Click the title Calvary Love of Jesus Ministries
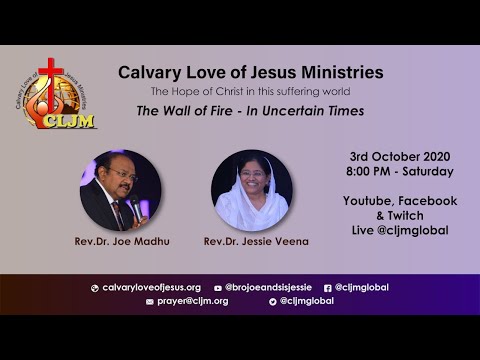(x=250, y=73)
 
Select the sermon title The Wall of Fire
(x=250, y=111)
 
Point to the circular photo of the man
(x=120, y=191)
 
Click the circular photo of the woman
(x=251, y=191)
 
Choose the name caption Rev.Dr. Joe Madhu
(x=120, y=241)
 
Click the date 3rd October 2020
(x=400, y=157)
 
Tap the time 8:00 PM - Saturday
(x=400, y=172)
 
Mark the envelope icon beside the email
(x=150, y=301)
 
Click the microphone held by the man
(x=136, y=206)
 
